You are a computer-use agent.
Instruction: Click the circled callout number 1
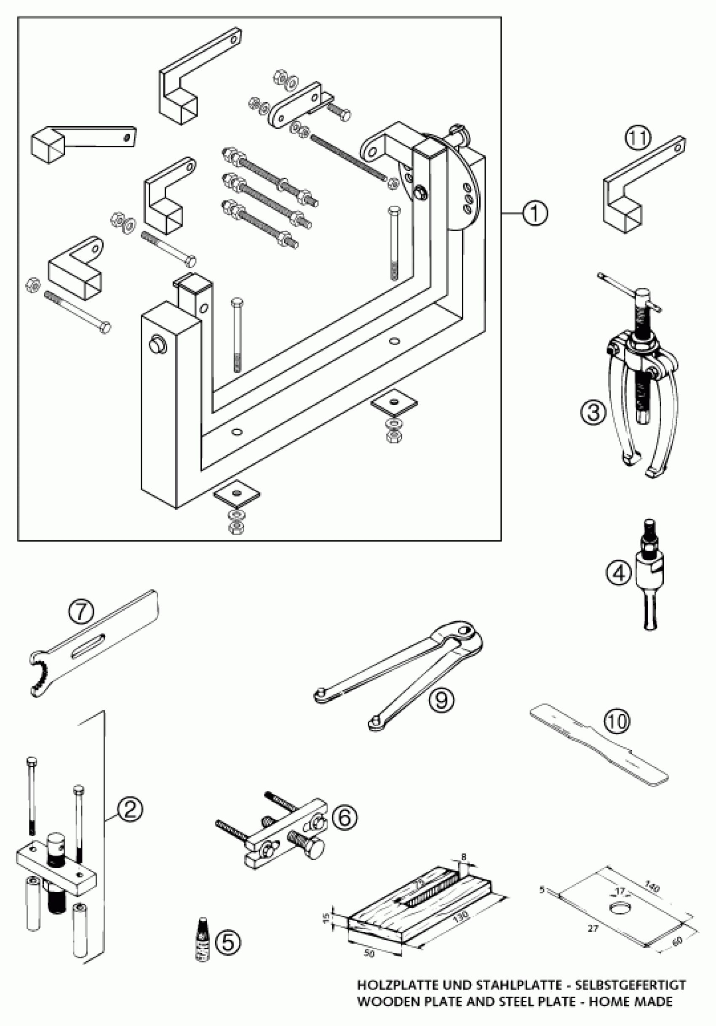point(535,215)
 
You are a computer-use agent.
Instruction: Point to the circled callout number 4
point(619,573)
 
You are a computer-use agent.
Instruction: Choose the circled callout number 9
point(442,699)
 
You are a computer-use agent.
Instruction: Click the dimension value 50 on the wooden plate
point(369,953)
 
